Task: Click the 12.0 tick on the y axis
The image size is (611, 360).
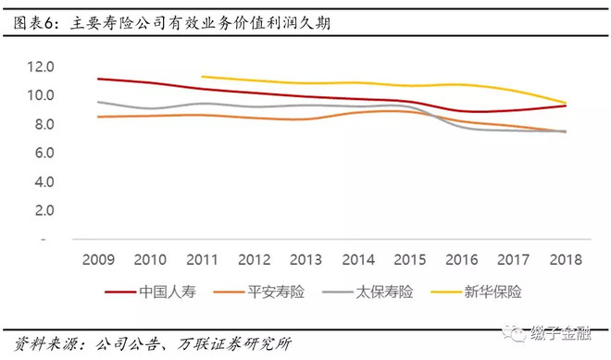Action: (41, 67)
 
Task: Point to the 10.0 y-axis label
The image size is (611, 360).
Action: (41, 95)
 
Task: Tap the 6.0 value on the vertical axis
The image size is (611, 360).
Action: (44, 153)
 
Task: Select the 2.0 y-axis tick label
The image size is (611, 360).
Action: (44, 210)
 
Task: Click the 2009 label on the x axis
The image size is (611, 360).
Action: (98, 259)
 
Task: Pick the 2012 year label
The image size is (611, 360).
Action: (254, 259)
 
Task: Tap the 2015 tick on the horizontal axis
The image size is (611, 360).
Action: (410, 259)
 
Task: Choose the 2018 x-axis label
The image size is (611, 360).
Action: (566, 259)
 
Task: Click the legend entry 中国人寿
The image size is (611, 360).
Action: (150, 292)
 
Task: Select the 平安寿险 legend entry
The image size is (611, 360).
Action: (259, 292)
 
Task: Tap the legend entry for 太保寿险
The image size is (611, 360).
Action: (368, 292)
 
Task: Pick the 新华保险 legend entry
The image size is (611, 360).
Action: (476, 292)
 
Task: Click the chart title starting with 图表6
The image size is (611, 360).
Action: (172, 23)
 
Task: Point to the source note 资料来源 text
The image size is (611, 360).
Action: (153, 343)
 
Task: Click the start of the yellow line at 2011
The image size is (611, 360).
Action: (202, 77)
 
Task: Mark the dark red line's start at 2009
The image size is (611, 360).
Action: (98, 79)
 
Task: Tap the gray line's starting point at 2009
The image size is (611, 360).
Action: (98, 102)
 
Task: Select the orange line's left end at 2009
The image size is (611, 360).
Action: (98, 117)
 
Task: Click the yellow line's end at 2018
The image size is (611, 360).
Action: (566, 103)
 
